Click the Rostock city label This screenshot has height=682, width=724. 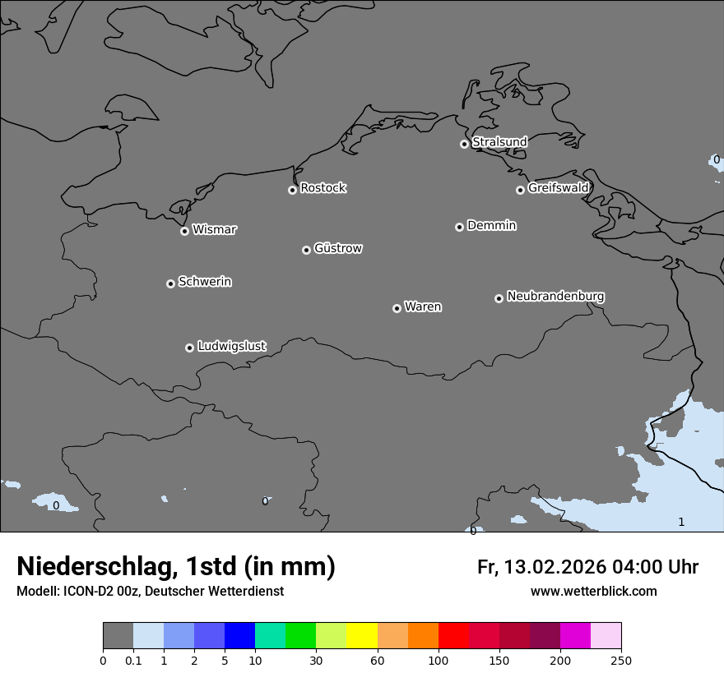click(x=323, y=188)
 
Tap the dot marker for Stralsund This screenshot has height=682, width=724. click(x=464, y=144)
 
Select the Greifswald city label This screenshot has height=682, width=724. click(x=558, y=188)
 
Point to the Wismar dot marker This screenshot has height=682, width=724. click(x=184, y=231)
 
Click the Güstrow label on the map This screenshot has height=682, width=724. click(x=337, y=248)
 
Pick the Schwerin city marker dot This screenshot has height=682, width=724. click(x=170, y=283)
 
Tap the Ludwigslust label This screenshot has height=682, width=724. click(x=231, y=346)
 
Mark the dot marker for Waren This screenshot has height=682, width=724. click(x=397, y=308)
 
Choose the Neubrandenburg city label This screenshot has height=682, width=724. click(x=555, y=296)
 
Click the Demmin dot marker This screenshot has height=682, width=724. click(x=459, y=227)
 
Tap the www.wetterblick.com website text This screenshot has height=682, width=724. click(x=593, y=592)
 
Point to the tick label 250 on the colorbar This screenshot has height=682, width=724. click(x=621, y=661)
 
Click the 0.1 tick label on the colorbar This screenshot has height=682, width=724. click(x=133, y=661)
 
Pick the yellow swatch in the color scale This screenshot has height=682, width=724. click(x=362, y=636)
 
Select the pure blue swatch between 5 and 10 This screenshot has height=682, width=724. click(x=239, y=636)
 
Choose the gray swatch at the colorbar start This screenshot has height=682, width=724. click(x=118, y=636)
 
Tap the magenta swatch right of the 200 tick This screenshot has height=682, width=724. click(x=575, y=636)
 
